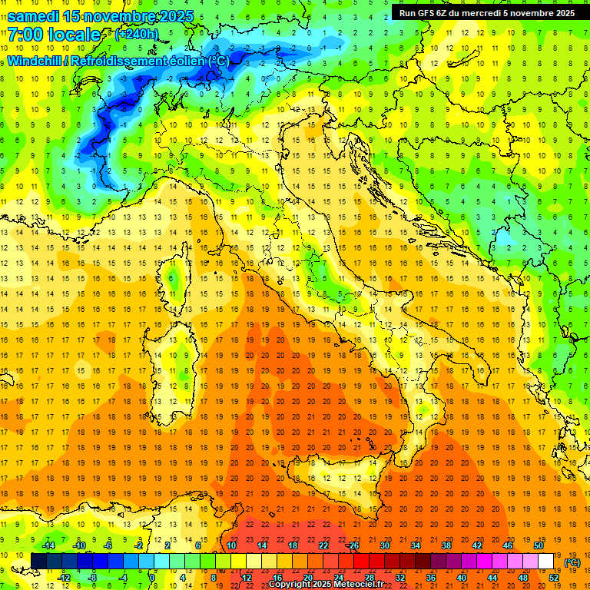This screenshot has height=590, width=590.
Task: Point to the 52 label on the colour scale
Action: tap(553, 577)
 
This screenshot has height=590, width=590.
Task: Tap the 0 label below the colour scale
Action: tap(152, 577)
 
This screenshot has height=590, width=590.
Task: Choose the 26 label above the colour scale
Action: tap(354, 545)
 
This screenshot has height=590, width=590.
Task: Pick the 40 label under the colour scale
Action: tap(461, 577)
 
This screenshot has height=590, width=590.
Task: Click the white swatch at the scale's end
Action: tap(545, 561)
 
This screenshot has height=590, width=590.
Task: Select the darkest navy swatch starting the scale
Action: tap(38, 561)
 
